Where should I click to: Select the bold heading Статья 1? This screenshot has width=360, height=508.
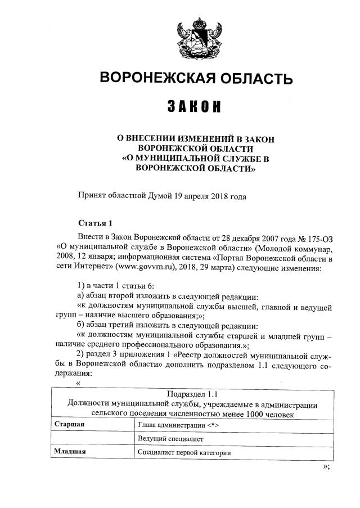pyautogui.click(x=95, y=223)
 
